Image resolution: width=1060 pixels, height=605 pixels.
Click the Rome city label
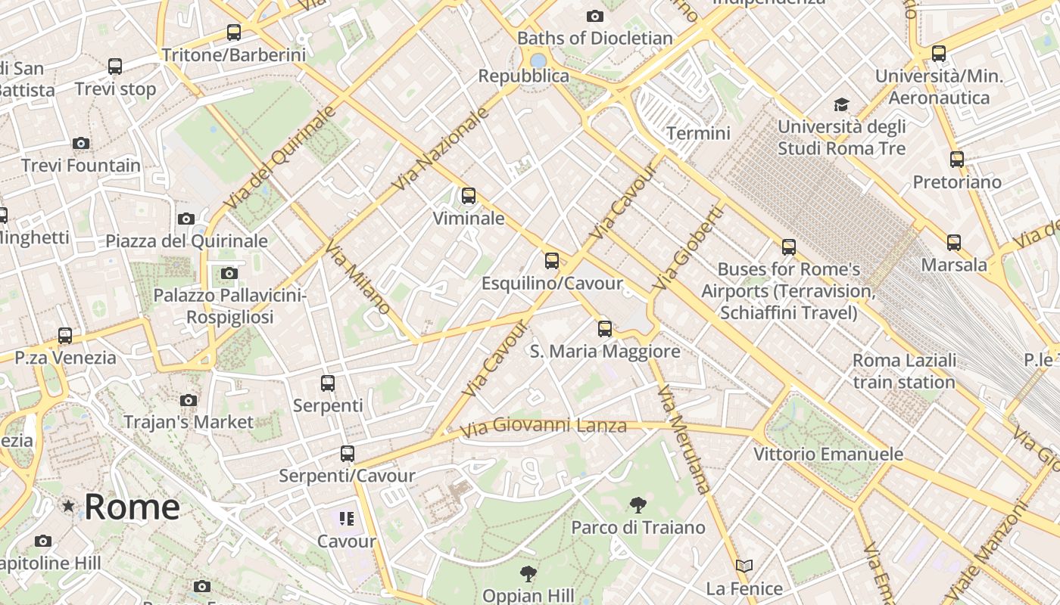[x=132, y=507]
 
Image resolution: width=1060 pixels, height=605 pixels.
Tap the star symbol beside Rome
[x=68, y=505]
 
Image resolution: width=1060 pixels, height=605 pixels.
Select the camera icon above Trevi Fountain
[x=81, y=143]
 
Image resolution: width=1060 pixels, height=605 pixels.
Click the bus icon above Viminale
[x=469, y=196]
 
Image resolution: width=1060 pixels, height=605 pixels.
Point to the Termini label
[x=698, y=134]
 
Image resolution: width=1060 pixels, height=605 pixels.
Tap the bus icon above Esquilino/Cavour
[x=552, y=261]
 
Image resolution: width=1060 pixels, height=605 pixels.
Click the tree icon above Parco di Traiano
[x=638, y=504]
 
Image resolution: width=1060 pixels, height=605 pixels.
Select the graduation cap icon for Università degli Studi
[x=841, y=104]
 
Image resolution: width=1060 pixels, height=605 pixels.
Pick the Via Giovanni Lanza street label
[x=544, y=427]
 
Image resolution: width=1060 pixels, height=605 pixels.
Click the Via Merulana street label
[x=684, y=439]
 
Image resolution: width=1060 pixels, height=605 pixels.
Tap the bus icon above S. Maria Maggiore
[x=604, y=329]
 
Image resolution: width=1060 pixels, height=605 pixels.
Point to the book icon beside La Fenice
[x=744, y=566]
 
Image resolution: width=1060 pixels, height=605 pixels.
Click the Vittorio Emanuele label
[x=828, y=455]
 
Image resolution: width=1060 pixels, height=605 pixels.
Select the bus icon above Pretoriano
[x=957, y=160]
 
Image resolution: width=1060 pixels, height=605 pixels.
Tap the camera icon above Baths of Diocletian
[x=595, y=16]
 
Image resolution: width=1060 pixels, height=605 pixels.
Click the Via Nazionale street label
[x=441, y=149]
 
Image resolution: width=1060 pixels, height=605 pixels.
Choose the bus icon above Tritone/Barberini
[x=234, y=33]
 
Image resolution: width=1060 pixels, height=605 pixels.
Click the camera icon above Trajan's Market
[x=189, y=400]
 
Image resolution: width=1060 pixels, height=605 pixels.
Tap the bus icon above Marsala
[x=954, y=243]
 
